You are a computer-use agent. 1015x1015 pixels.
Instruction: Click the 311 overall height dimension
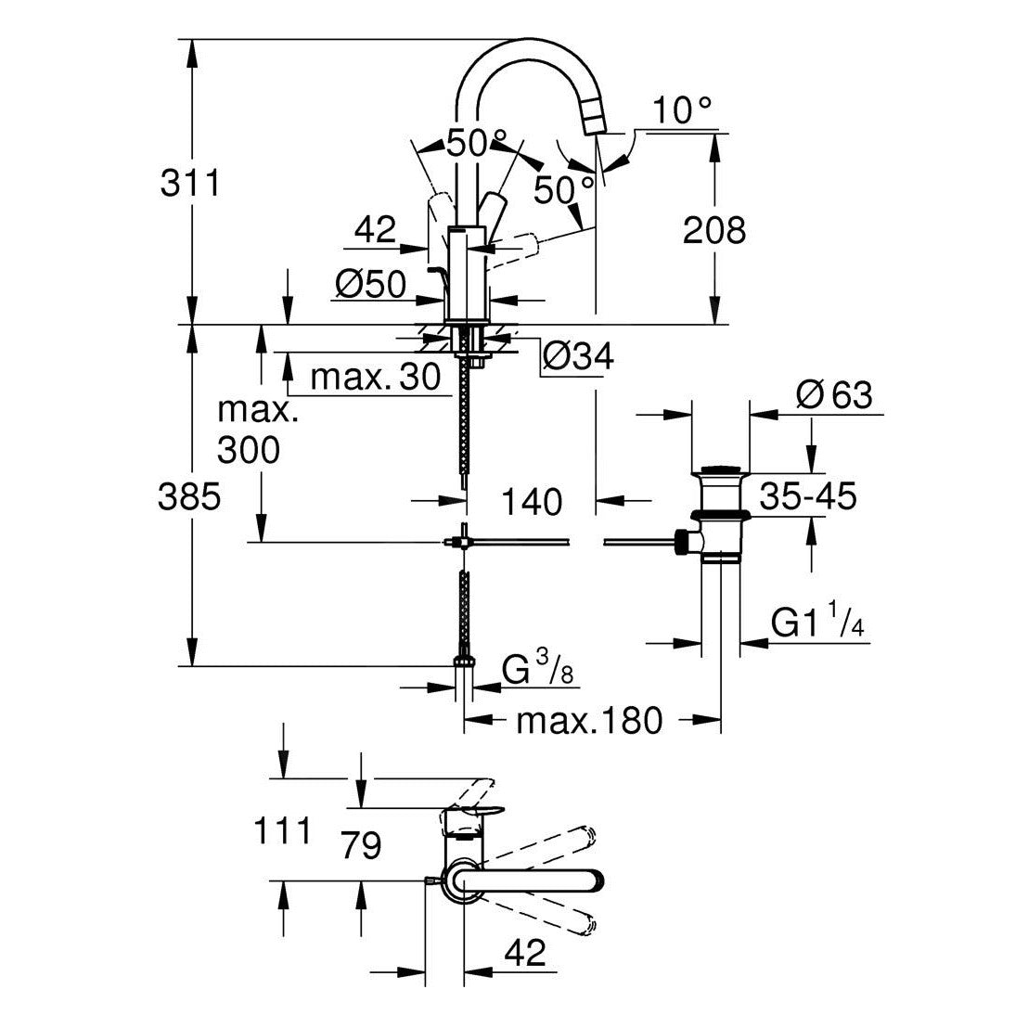point(190,183)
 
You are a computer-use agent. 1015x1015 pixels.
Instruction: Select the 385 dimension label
point(190,497)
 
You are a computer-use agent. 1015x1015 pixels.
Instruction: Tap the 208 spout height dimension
point(713,230)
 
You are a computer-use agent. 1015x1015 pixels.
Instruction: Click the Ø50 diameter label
point(371,286)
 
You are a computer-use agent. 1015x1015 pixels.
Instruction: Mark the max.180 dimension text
point(590,720)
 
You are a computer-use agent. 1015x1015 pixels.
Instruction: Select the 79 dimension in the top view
point(360,845)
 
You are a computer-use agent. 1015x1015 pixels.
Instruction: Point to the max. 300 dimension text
point(248,430)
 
